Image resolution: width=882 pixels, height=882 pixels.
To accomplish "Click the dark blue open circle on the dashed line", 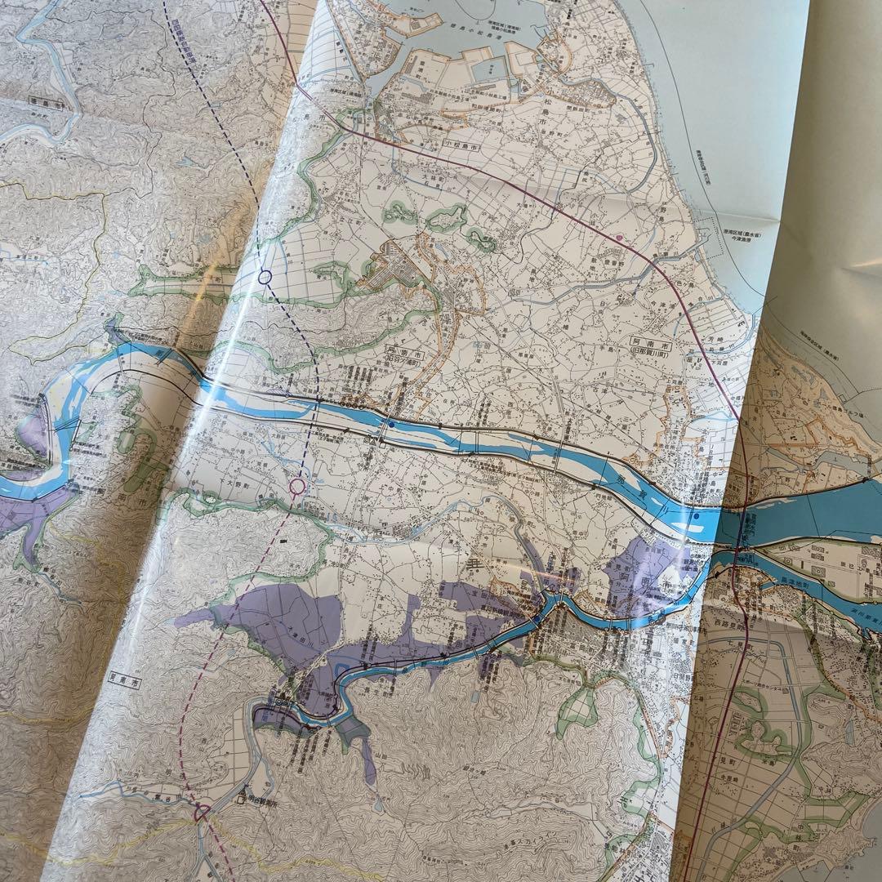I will point(265,277).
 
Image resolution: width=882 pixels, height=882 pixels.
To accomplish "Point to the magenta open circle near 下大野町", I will point(297,487).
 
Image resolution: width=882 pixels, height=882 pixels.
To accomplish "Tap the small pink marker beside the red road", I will point(620,237).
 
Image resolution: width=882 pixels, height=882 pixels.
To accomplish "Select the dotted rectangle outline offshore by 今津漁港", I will point(735,245).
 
